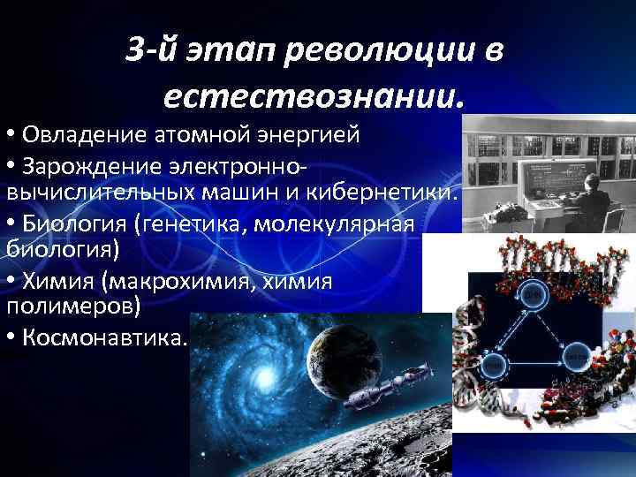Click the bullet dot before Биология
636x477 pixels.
tap(12, 224)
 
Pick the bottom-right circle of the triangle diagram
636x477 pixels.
tap(577, 360)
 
